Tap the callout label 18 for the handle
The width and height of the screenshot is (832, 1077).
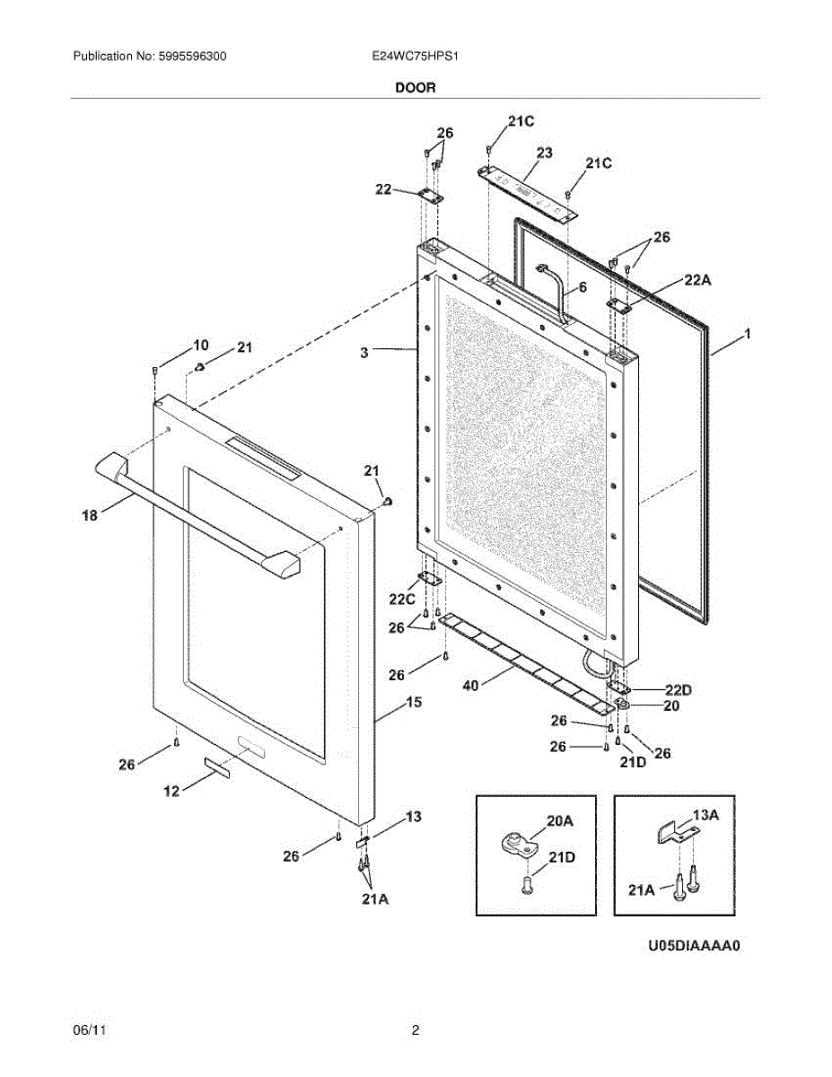click(89, 515)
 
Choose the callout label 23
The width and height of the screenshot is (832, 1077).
click(544, 153)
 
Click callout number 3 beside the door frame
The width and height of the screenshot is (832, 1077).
click(364, 354)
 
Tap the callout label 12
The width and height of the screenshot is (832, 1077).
click(171, 791)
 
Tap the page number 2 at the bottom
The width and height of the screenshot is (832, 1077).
click(415, 1031)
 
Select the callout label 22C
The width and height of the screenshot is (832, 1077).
click(402, 600)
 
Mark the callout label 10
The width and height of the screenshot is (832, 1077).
click(201, 345)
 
